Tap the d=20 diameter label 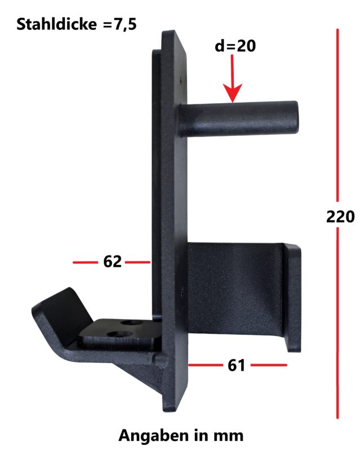tap(235, 47)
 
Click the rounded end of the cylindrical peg tap(292, 116)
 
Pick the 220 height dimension tap(340, 216)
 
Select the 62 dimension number tap(113, 262)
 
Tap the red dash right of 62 tap(138, 262)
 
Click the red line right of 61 tap(269, 365)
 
